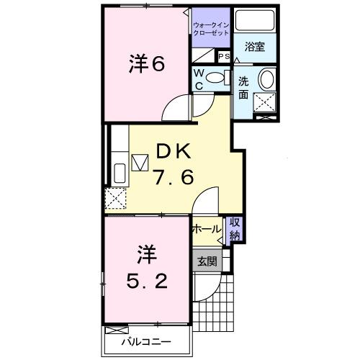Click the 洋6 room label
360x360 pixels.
[148, 64]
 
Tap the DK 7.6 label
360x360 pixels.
[174, 164]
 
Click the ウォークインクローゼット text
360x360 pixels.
[211, 30]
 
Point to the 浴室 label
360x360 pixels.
[254, 48]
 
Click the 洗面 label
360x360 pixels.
[243, 88]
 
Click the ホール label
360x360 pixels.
[207, 229]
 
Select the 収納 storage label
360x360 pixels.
[235, 229]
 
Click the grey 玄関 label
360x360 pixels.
[207, 261]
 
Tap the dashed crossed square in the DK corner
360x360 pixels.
[115, 197]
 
